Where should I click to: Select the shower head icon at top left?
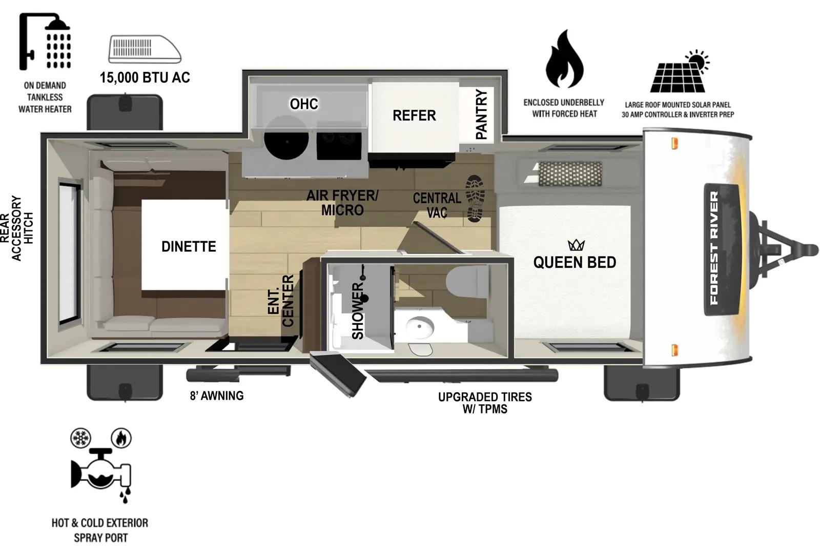point(45,41)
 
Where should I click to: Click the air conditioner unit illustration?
point(145,49)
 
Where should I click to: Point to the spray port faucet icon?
point(101,467)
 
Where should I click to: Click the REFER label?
point(414,115)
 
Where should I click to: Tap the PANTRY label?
point(481,114)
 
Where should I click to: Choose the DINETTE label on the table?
point(189,246)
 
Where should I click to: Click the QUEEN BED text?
point(575,262)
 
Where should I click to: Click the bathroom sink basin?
point(420,325)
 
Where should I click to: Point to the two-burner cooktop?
point(339,139)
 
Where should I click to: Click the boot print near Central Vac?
point(475,198)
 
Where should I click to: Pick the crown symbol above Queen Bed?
point(576,245)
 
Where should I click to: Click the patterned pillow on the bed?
point(569,174)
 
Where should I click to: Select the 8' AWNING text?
point(217,396)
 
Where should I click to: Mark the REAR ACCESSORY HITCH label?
point(16,228)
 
